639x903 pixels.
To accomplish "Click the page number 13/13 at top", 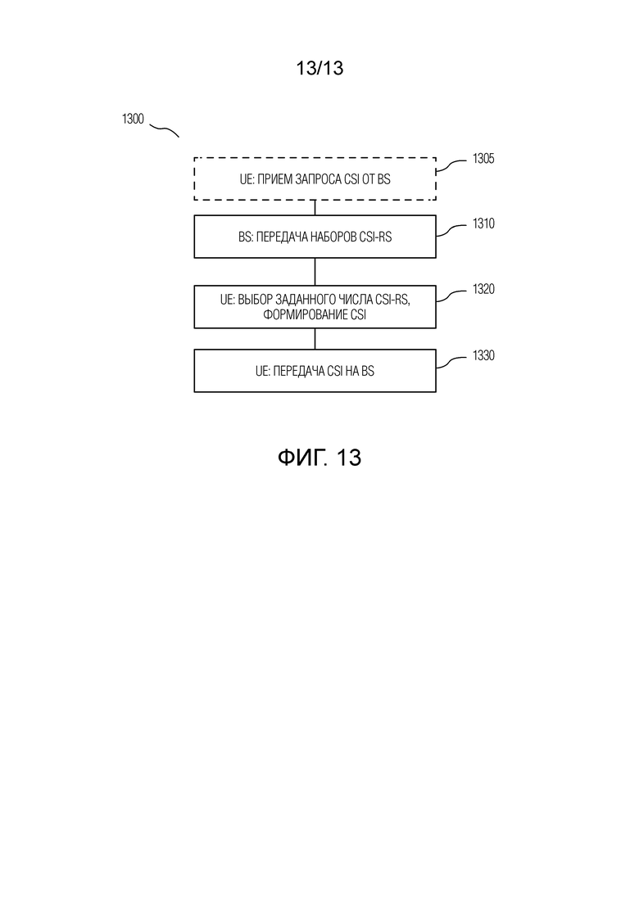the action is pyautogui.click(x=319, y=68).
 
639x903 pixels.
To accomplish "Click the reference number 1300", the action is pyautogui.click(x=133, y=120).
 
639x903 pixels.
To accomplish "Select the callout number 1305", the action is pyautogui.click(x=483, y=158).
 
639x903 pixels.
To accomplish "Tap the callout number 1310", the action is pyautogui.click(x=483, y=223).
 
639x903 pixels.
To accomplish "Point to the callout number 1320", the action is pyautogui.click(x=483, y=289).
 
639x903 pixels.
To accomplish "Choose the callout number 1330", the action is pyautogui.click(x=483, y=355).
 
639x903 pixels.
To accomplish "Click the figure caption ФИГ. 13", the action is pyautogui.click(x=319, y=458).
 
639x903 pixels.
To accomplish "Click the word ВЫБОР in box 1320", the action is pyautogui.click(x=255, y=300).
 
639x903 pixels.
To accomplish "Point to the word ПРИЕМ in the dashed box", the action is pyautogui.click(x=274, y=179).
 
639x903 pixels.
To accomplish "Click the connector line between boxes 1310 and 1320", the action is pyautogui.click(x=315, y=272).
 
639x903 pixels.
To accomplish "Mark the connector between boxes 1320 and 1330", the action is pyautogui.click(x=315, y=339).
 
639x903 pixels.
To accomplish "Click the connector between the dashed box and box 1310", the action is pyautogui.click(x=315, y=208).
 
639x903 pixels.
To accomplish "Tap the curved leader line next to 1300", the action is pyautogui.click(x=164, y=131).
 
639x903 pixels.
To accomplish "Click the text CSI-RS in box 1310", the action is pyautogui.click(x=376, y=237).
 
